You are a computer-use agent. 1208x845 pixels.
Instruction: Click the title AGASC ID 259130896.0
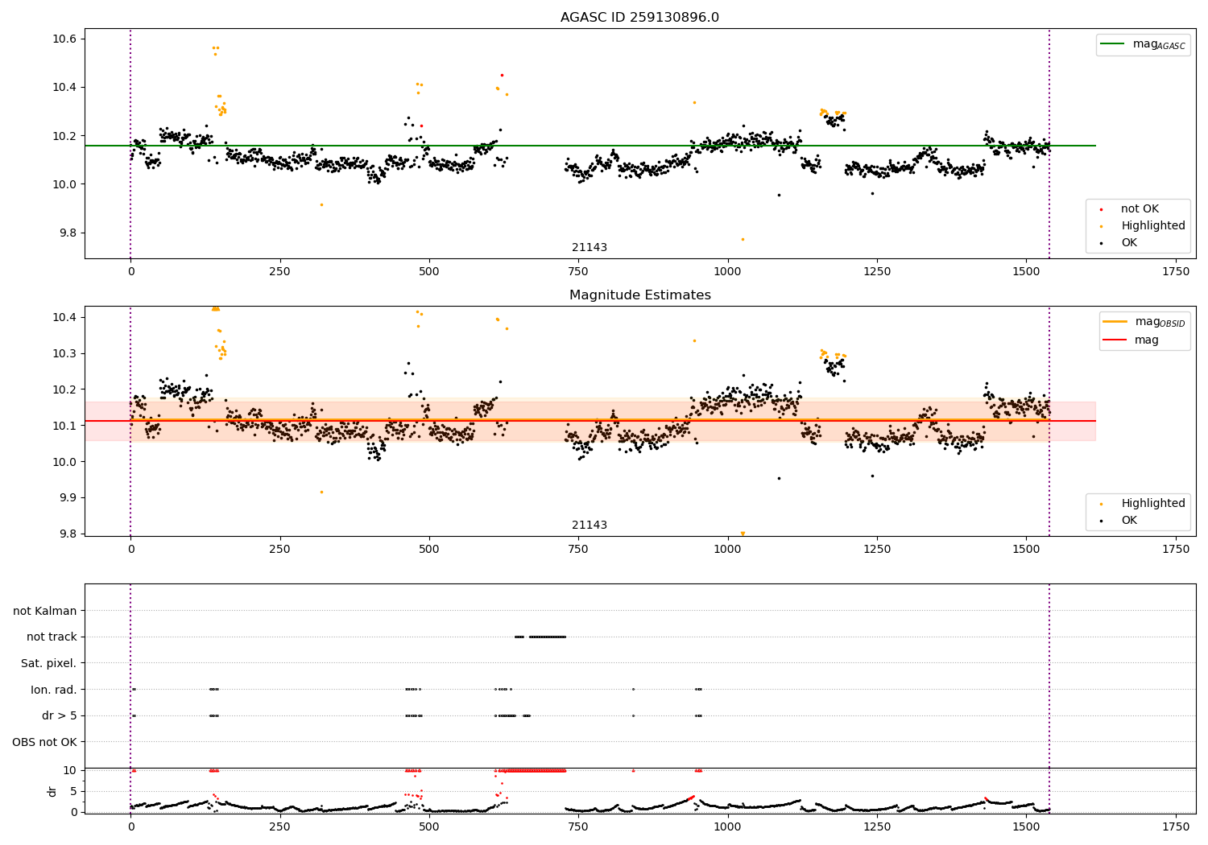(639, 18)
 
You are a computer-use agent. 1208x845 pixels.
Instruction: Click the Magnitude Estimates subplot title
(639, 295)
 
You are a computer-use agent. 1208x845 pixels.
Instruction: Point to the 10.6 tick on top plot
(65, 39)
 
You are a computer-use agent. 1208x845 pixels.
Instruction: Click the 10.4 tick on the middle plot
(65, 317)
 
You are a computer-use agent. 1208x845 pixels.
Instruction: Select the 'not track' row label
(52, 637)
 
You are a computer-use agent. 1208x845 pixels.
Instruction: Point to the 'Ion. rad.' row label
(53, 690)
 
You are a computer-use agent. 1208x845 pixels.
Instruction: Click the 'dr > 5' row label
(59, 715)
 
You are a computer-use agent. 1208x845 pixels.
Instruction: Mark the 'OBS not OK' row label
(44, 742)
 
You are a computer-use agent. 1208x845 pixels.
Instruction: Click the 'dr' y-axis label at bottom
(52, 791)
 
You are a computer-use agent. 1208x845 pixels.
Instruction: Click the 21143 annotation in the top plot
(590, 248)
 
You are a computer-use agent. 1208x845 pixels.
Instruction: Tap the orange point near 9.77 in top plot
(743, 239)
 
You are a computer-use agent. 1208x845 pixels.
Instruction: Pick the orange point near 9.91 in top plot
(321, 204)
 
